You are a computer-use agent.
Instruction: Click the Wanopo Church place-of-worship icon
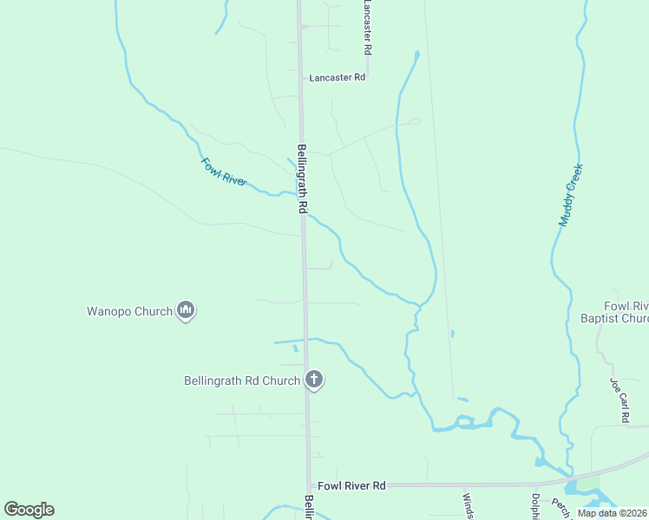click(x=185, y=309)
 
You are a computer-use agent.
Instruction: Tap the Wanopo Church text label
click(x=129, y=311)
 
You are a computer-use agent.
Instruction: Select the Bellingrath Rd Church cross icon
click(x=314, y=379)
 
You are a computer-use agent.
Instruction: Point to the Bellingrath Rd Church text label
click(x=242, y=380)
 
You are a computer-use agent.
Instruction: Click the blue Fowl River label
click(x=224, y=172)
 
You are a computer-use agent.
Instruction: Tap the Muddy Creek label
click(x=570, y=196)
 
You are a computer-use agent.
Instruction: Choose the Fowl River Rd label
click(x=351, y=486)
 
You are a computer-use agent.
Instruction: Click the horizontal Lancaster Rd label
click(x=338, y=77)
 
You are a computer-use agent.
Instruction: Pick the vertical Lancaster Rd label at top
click(x=368, y=26)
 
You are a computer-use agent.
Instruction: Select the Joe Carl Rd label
click(x=620, y=400)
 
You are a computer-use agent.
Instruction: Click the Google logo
click(x=29, y=510)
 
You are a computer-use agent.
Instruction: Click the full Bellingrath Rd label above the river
click(x=302, y=179)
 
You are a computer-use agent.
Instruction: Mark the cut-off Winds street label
click(x=467, y=506)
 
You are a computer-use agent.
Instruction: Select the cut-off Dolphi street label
click(x=536, y=506)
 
